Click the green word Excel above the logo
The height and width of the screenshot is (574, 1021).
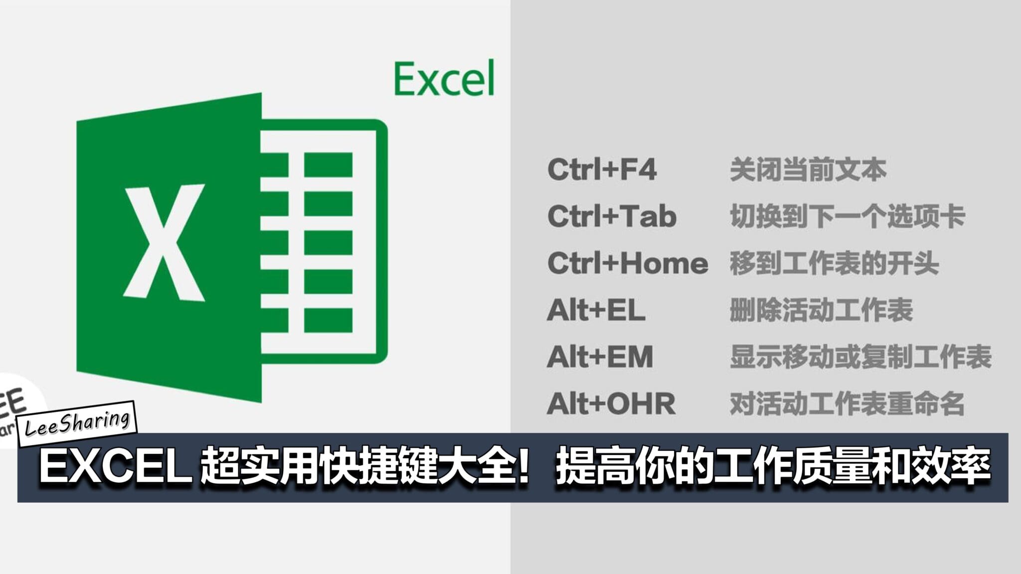(444, 78)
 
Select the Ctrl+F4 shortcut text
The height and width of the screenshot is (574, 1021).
(602, 169)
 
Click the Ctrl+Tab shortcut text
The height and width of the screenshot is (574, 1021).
(612, 216)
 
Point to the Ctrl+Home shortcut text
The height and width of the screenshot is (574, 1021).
(628, 263)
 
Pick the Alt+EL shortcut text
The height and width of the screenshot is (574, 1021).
(596, 310)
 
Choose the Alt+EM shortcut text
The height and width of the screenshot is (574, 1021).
(600, 357)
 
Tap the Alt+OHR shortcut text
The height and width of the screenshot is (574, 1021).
(611, 404)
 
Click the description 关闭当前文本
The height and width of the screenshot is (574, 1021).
(808, 169)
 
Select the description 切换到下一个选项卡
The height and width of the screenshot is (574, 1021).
(848, 216)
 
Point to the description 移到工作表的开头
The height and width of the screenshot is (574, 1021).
(835, 263)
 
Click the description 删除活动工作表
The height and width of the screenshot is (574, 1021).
(821, 310)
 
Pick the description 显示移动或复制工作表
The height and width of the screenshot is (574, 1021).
(860, 357)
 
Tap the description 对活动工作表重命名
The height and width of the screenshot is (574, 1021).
(848, 404)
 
